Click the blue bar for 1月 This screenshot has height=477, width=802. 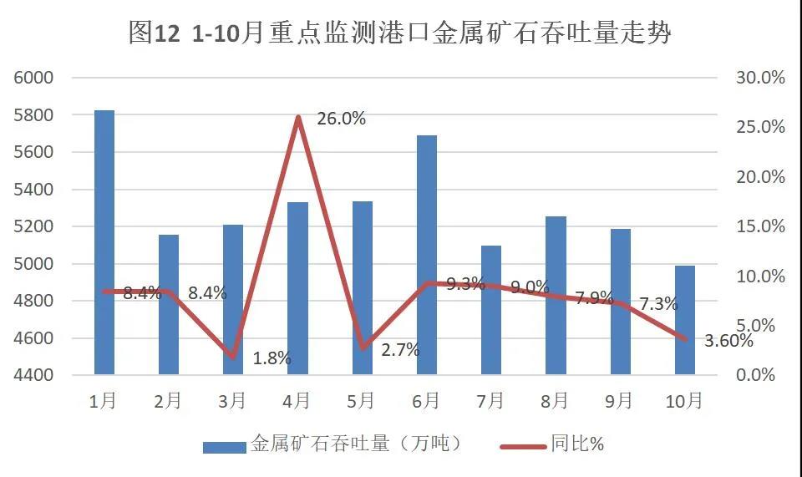[104, 242]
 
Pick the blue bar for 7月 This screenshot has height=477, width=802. [491, 310]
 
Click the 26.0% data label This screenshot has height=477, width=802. [342, 119]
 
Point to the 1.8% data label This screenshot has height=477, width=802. [272, 358]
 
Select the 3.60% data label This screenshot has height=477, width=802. [729, 340]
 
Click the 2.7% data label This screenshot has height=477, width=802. [400, 350]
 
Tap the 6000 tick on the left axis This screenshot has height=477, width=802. [34, 78]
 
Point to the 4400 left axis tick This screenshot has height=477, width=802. [34, 375]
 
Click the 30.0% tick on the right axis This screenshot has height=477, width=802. [760, 78]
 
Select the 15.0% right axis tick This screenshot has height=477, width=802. [760, 226]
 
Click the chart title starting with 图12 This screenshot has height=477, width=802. [400, 33]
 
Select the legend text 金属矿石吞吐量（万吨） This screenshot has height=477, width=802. [356, 444]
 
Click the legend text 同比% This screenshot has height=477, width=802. [577, 444]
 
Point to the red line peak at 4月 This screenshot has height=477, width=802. [298, 117]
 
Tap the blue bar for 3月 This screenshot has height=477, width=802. [233, 299]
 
